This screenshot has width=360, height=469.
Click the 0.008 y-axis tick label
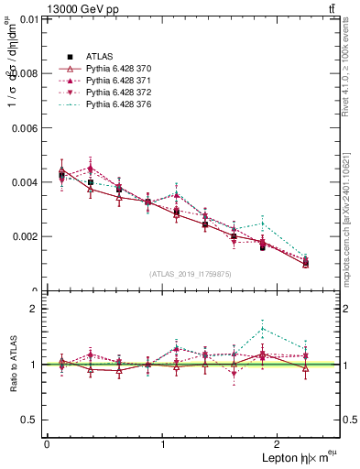(x=26, y=73)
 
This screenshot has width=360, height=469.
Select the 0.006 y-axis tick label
(x=26, y=128)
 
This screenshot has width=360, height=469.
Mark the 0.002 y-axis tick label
(x=26, y=236)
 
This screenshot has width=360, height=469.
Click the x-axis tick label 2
(x=280, y=444)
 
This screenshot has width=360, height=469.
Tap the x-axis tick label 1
(x=163, y=444)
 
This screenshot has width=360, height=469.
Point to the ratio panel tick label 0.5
(x=30, y=420)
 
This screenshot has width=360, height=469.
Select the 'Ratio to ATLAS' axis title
(x=12, y=364)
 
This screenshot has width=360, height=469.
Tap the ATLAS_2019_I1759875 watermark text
(x=191, y=274)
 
